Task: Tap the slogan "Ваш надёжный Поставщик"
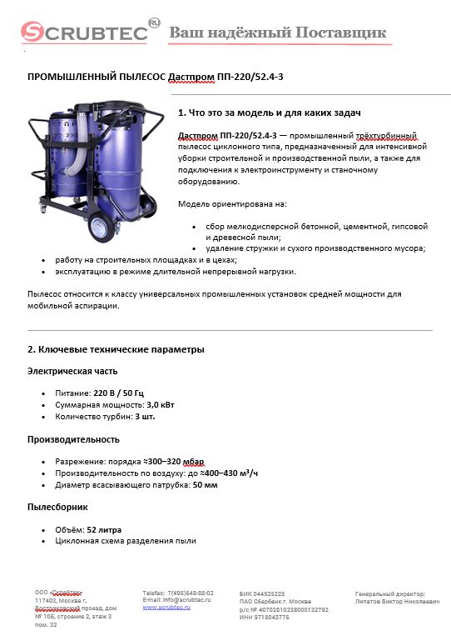(278, 33)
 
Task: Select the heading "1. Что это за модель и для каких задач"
(270, 113)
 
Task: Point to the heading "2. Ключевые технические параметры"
(116, 349)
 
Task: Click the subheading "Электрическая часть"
(73, 371)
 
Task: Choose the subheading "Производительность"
(73, 439)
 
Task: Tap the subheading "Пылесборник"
(58, 507)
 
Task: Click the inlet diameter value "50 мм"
(206, 484)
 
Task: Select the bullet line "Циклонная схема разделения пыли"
(126, 541)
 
